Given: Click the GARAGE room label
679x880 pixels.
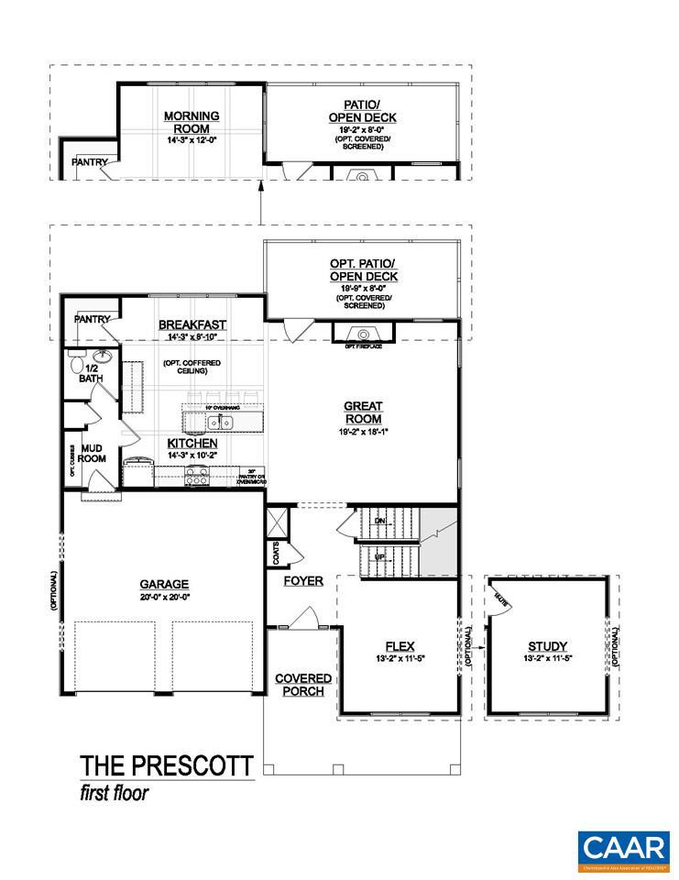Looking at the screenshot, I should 164,583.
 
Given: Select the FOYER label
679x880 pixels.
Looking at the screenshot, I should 302,580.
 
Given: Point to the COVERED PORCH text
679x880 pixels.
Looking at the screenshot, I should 302,685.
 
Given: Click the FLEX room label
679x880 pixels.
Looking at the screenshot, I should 400,644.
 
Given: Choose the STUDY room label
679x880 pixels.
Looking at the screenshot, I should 548,645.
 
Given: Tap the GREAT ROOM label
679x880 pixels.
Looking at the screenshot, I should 363,412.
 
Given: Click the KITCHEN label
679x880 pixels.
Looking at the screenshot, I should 192,443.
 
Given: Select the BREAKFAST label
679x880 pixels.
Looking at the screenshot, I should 192,324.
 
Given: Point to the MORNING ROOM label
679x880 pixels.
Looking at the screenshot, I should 191,122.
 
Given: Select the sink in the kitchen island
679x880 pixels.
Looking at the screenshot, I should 219,423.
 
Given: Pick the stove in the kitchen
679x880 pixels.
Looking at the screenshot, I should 196,476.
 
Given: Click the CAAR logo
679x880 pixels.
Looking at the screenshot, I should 622,848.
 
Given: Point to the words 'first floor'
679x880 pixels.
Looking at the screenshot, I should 114,792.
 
